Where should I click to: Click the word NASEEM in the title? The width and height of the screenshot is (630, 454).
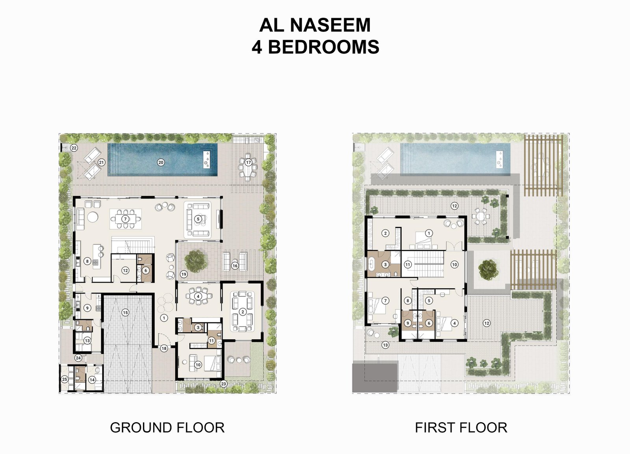(x=330, y=25)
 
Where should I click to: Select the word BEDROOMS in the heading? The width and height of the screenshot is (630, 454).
(x=323, y=47)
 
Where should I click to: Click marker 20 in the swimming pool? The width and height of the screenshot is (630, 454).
(x=161, y=162)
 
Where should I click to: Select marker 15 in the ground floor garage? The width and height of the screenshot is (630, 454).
(x=125, y=312)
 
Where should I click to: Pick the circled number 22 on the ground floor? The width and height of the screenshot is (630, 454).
(x=74, y=148)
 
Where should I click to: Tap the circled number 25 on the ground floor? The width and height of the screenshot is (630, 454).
(x=65, y=380)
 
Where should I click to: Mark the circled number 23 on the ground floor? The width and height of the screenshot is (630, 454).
(x=223, y=384)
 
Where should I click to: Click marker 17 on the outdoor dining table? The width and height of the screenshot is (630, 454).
(x=248, y=162)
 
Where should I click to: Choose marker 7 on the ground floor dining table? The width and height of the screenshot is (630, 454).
(x=126, y=219)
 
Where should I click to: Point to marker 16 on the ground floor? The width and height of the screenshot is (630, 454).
(x=235, y=266)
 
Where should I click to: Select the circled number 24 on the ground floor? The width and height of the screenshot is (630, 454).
(x=78, y=358)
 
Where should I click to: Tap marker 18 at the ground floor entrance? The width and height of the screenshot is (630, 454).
(x=164, y=348)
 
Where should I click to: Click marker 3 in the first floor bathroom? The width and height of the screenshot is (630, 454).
(x=385, y=265)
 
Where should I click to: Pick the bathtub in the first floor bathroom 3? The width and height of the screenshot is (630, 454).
(x=372, y=265)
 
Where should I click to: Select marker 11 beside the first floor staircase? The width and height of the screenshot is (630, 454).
(x=408, y=265)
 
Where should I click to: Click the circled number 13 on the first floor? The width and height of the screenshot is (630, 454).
(x=385, y=345)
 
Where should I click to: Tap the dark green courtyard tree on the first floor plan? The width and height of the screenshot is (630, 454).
(x=488, y=270)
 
